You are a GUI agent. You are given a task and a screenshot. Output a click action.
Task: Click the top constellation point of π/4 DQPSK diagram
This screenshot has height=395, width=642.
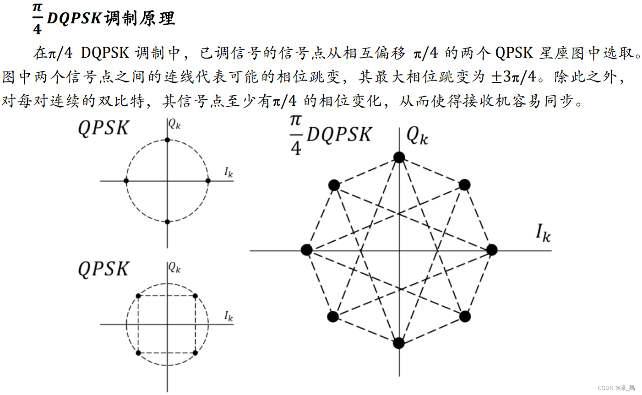coord(399,157)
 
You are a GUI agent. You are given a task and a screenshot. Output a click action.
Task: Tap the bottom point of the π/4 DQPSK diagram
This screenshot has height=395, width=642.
coord(399,343)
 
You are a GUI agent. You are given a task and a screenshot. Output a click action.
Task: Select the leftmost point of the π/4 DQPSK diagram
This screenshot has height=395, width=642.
coord(307,250)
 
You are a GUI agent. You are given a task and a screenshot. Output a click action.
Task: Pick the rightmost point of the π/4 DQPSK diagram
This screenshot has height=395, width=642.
coord(491,250)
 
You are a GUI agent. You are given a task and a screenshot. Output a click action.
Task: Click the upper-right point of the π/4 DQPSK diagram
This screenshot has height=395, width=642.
coord(464,185)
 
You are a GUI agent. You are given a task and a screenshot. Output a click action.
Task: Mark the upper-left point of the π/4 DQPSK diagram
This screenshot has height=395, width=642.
coord(334,185)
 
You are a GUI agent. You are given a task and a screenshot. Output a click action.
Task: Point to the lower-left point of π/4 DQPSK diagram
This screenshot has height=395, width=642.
coord(333,316)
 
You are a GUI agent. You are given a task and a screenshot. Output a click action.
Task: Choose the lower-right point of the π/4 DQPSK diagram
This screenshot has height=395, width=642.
coord(465,316)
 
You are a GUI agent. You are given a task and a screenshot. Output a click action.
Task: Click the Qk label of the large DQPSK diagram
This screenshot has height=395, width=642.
coord(417,135)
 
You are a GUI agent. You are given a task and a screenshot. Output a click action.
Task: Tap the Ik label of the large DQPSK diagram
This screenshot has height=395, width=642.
coord(543,233)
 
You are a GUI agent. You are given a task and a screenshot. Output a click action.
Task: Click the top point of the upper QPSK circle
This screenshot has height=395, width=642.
coord(167,140)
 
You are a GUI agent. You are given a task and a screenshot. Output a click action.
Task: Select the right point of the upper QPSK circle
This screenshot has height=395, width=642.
coord(208,181)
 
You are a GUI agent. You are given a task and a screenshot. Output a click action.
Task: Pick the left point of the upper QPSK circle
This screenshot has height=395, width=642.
coord(126,181)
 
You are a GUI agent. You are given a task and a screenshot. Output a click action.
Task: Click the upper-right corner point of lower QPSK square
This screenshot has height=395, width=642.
coord(195,296)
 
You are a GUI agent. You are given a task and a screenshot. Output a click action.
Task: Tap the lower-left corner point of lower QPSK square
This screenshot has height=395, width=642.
coord(138,352)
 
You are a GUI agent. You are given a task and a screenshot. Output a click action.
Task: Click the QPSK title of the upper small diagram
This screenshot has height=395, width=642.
coord(103,128)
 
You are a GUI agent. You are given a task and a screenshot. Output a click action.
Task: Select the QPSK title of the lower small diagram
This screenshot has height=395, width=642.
coord(103,269)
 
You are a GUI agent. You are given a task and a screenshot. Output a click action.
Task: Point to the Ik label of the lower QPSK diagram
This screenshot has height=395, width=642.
coord(229,316)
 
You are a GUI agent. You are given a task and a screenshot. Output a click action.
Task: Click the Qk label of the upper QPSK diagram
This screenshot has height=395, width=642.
coord(174,124)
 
